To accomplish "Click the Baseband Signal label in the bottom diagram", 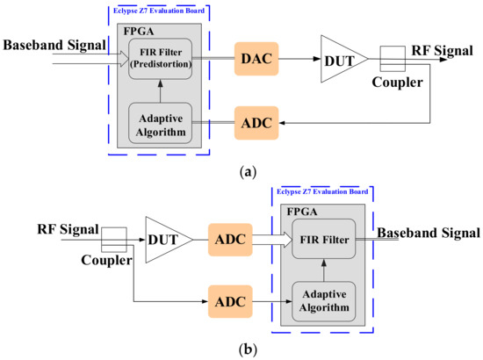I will tap(429, 234).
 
